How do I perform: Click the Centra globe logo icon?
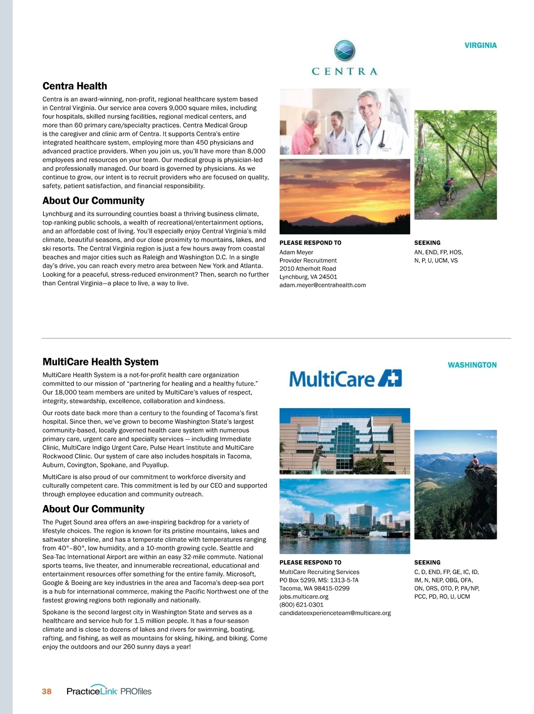point(344,50)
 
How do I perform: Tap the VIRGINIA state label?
point(480,45)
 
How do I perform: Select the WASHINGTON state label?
point(472,365)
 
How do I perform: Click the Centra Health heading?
point(75,86)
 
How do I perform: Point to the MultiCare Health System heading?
point(100,362)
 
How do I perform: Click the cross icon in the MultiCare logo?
point(390,378)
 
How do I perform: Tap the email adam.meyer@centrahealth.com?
point(322,285)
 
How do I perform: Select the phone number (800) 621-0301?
point(301,605)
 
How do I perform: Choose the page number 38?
point(47,691)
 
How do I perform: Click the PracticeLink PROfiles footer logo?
point(109,691)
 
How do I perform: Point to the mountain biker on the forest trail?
point(447,190)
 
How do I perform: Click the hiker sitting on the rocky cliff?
point(474,461)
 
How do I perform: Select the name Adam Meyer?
point(296,252)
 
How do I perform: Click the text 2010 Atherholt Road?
point(307,269)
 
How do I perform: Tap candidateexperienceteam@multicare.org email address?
point(335,613)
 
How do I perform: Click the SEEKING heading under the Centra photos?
point(427,243)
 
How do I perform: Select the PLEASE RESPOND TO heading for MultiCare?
point(310,562)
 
